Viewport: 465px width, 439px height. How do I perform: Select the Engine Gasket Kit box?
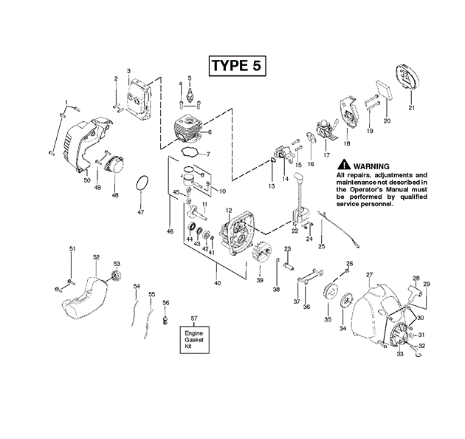194,340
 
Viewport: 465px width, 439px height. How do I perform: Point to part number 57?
194,318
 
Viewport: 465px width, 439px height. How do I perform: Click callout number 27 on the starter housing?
369,275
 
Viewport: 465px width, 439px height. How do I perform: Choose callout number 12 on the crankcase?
229,210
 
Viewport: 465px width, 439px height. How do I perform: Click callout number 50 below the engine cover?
86,180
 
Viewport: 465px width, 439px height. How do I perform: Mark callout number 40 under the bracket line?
217,283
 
